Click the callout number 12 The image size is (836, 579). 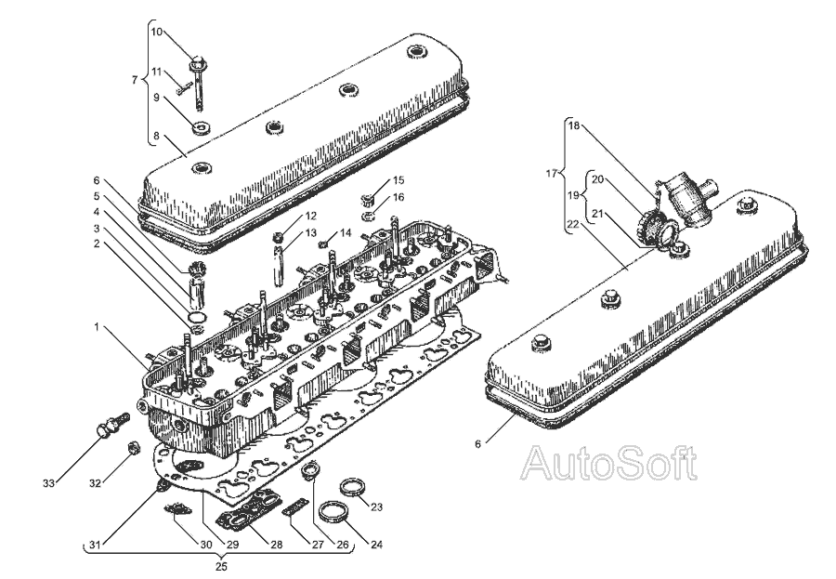tap(285, 216)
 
